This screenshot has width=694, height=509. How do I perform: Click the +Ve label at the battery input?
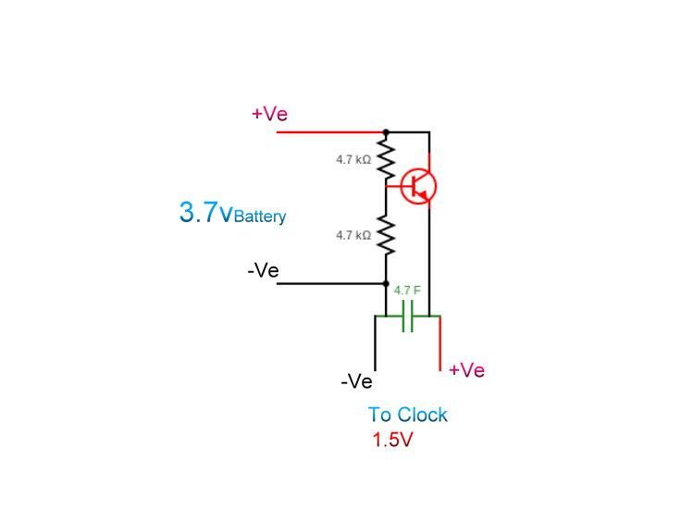point(269,114)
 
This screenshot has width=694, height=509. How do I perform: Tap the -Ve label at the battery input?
point(263,270)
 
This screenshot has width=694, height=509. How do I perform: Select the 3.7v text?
point(205,213)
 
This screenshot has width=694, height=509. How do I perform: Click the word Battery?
point(260,217)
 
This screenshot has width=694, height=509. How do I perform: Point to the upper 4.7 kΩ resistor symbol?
point(386,159)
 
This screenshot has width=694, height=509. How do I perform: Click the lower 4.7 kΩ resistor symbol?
point(386,235)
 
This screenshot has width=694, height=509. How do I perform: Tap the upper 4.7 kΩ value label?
point(353,160)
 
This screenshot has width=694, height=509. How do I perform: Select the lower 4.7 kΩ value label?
point(353,236)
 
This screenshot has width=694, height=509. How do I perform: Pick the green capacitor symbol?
point(407,317)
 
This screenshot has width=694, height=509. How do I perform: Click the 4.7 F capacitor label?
point(407,291)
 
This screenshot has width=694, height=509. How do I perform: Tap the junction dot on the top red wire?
point(386,132)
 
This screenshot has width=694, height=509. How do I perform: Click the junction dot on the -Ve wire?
point(386,283)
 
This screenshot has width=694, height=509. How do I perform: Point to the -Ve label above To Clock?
point(356,381)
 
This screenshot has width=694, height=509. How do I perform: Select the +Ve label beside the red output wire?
point(466,370)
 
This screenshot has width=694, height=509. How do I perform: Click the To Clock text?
point(407,415)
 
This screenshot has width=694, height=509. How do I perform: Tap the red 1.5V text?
point(392,441)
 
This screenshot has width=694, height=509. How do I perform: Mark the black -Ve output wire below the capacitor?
point(375,344)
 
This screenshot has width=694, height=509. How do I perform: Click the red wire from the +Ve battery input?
point(328,132)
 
